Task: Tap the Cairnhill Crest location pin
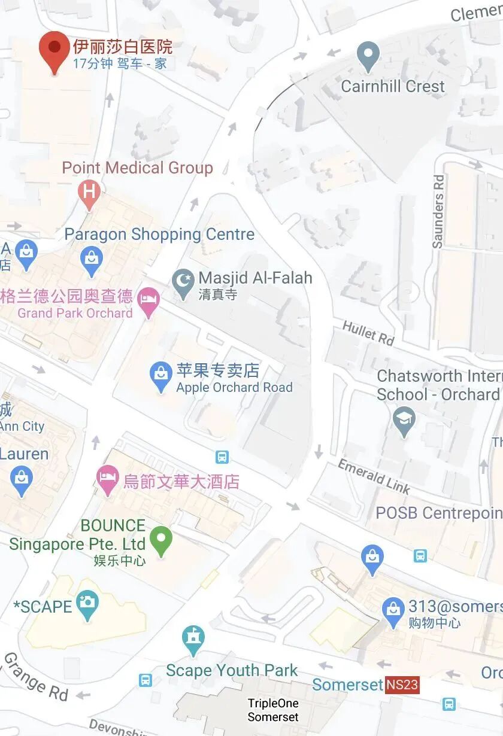[368, 56]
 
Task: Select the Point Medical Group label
[137, 168]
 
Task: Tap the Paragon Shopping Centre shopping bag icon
[91, 259]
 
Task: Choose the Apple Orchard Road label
[234, 388]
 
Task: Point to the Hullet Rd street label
[368, 333]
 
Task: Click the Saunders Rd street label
[439, 211]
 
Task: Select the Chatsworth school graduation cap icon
[404, 418]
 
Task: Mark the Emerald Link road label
[374, 476]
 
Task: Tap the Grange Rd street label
[36, 677]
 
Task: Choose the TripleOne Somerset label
[273, 710]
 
